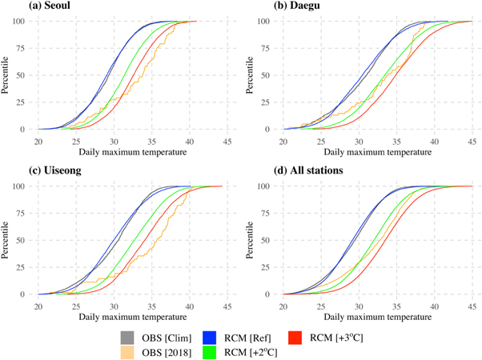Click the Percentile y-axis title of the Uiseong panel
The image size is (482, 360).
6,240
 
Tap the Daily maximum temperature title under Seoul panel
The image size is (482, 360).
132,151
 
